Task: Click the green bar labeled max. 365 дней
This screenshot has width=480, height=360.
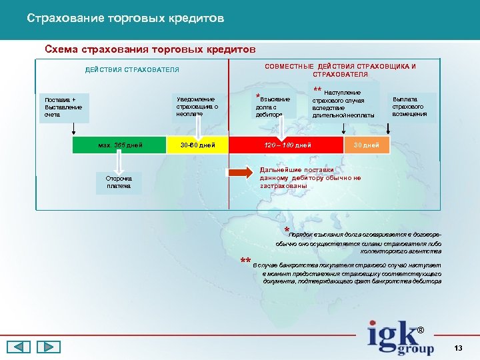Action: [121, 145]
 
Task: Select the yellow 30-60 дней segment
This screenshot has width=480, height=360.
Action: [197, 145]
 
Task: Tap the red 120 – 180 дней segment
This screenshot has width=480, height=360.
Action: [287, 145]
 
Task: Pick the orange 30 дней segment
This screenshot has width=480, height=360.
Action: [366, 145]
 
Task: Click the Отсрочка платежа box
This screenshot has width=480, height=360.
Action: [119, 182]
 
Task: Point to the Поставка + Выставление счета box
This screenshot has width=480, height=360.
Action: [64, 107]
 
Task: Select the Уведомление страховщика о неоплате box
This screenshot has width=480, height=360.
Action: [197, 105]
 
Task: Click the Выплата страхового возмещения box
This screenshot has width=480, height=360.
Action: [409, 105]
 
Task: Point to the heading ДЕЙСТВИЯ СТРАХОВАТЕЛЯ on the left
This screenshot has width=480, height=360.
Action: [132, 70]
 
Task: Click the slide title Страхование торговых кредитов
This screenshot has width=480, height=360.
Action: [125, 18]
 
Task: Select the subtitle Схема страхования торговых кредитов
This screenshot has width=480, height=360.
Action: [150, 49]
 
